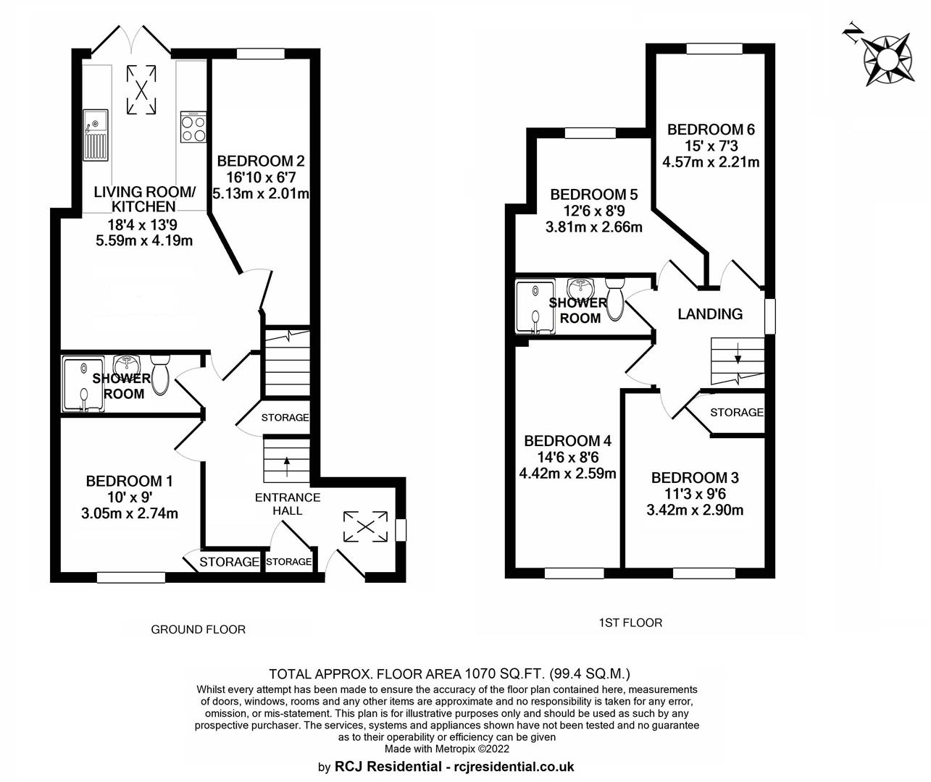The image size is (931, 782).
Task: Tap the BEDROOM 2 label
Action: click(261, 161)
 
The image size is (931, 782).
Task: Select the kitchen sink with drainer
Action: click(96, 135)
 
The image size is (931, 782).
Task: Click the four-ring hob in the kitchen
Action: click(193, 127)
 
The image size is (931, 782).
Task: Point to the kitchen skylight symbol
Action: click(141, 90)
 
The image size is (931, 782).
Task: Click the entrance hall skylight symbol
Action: click(365, 526)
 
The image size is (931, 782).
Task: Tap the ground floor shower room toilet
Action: click(160, 374)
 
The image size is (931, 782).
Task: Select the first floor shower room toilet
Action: click(616, 299)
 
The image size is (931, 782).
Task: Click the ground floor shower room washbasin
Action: click(127, 366)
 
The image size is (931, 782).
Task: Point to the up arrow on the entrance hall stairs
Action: click(285, 466)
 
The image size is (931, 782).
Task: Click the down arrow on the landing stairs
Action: click(738, 353)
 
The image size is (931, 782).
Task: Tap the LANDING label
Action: click(710, 314)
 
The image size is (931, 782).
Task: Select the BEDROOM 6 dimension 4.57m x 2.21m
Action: click(711, 161)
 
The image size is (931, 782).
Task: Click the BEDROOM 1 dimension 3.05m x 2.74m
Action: click(130, 513)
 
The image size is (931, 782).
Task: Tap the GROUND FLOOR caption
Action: click(198, 629)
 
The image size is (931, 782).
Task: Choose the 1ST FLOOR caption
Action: click(630, 623)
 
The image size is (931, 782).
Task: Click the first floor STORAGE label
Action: click(737, 412)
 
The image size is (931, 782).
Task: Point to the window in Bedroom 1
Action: click(131, 578)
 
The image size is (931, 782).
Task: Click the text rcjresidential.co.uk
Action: click(514, 766)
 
